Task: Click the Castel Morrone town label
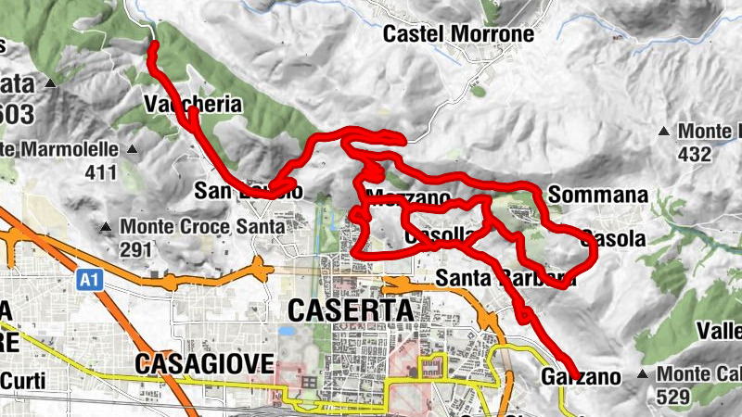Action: (x=459, y=34)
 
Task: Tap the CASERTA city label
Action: (x=351, y=310)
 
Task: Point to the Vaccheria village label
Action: (x=193, y=104)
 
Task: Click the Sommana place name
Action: (x=597, y=196)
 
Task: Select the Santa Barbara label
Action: (x=500, y=277)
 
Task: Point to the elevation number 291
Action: (x=136, y=249)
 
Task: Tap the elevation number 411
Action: (x=100, y=171)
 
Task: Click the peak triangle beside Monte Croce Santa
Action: (x=108, y=226)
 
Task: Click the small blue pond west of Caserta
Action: (x=287, y=330)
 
